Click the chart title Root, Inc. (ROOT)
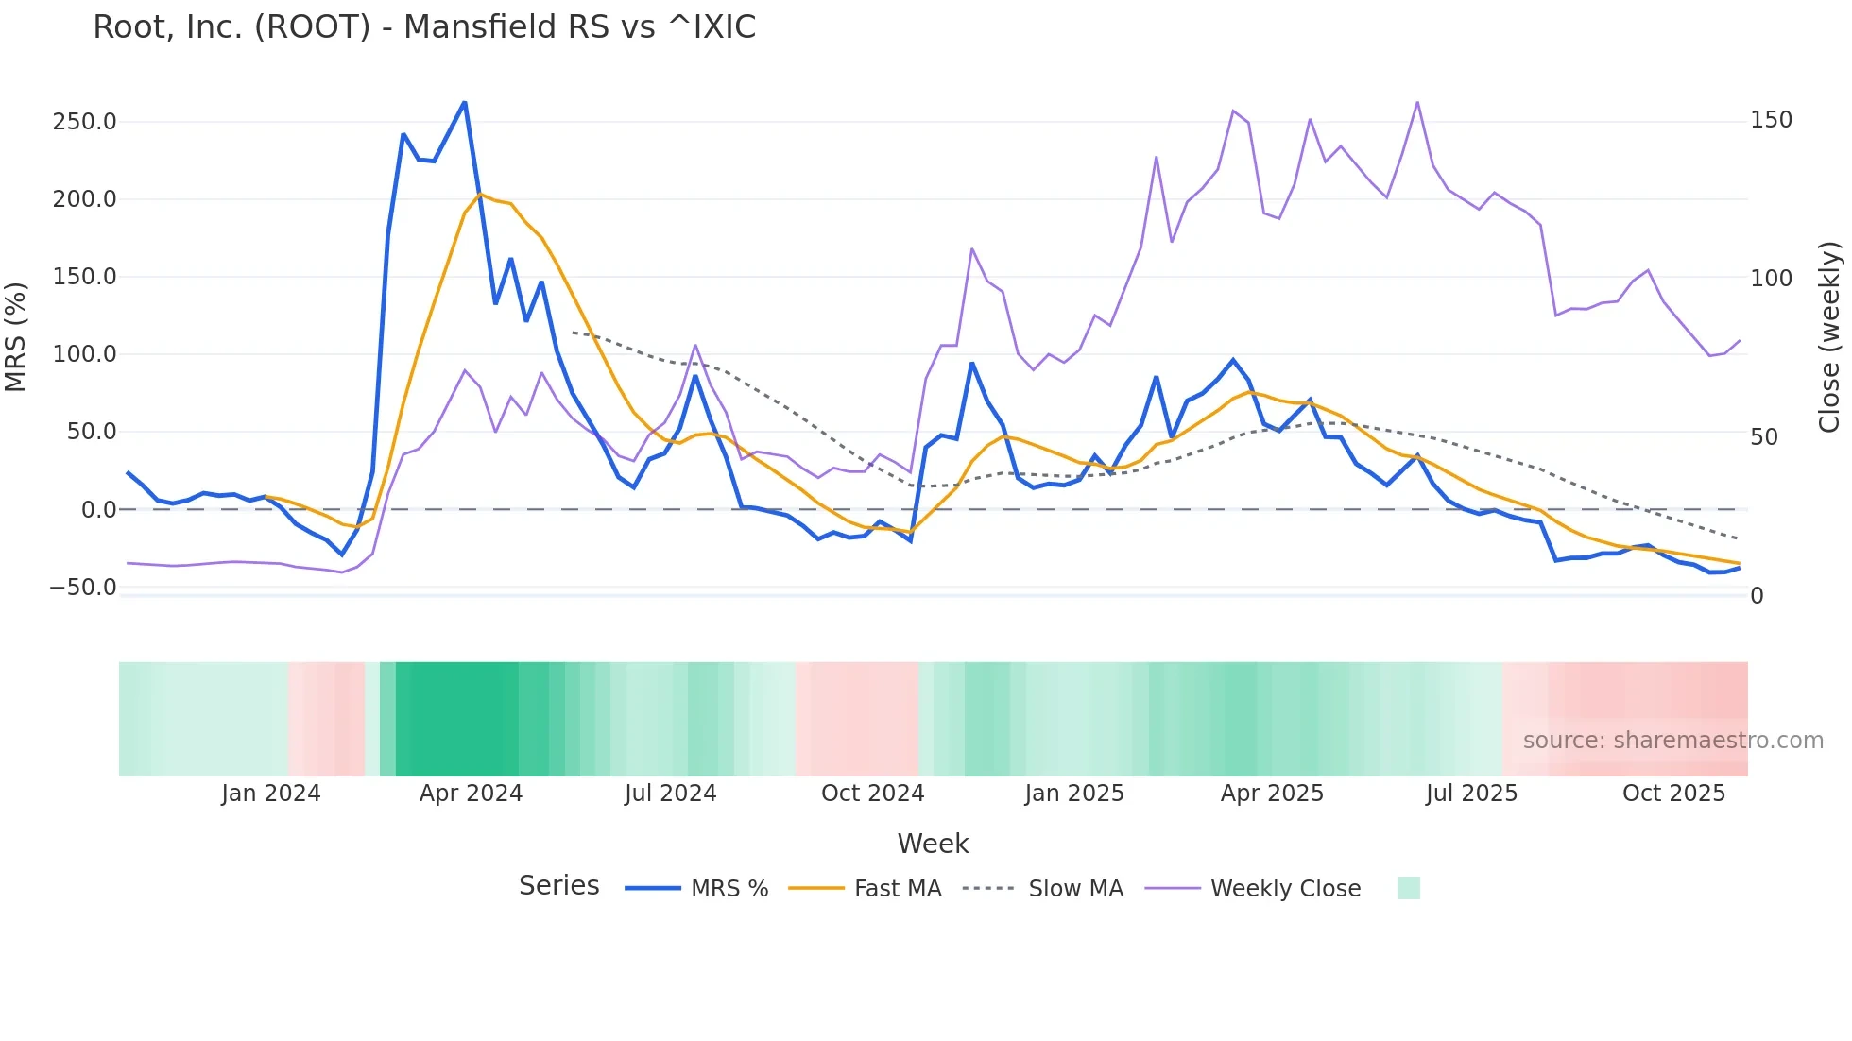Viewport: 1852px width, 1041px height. (x=424, y=27)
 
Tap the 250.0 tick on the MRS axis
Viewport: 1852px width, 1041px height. (x=84, y=122)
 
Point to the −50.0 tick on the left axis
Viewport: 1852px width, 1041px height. (x=82, y=588)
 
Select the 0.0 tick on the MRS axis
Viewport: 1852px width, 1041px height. (x=98, y=510)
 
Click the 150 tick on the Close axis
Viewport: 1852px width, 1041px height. (x=1771, y=120)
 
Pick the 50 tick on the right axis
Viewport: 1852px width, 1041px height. (x=1764, y=437)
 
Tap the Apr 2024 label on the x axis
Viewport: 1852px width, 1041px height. (x=471, y=794)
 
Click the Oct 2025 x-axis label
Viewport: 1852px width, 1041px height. (x=1673, y=794)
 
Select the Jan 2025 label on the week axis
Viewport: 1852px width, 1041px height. (x=1074, y=794)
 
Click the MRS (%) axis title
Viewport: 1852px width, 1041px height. (x=16, y=336)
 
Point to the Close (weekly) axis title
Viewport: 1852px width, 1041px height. (x=1829, y=336)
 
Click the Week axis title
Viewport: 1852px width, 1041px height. (x=933, y=844)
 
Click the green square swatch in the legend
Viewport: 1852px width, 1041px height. (x=1408, y=888)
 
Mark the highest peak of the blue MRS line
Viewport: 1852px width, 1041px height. (x=464, y=103)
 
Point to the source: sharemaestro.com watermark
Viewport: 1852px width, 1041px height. (x=1672, y=741)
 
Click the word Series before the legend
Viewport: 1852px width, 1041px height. (x=558, y=886)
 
